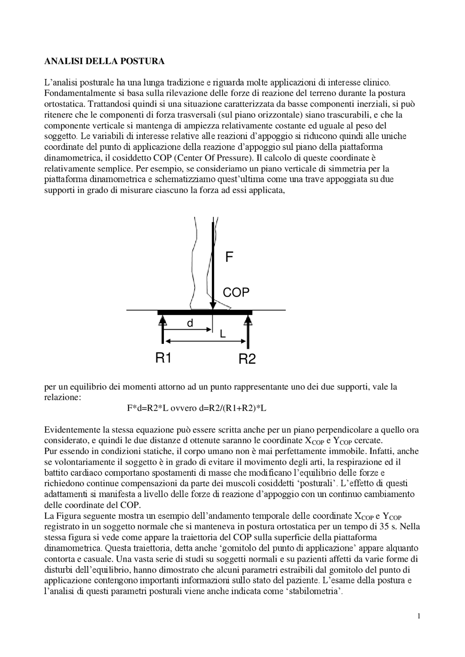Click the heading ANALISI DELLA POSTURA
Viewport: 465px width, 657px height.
point(104,61)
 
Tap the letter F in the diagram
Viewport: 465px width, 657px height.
point(229,257)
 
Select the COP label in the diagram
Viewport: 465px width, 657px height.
point(236,292)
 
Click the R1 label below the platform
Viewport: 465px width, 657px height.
point(163,358)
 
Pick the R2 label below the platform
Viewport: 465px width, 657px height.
point(247,359)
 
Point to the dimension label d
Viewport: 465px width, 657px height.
point(190,323)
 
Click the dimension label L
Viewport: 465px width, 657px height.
point(223,334)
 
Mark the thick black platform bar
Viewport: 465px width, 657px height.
point(205,312)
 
